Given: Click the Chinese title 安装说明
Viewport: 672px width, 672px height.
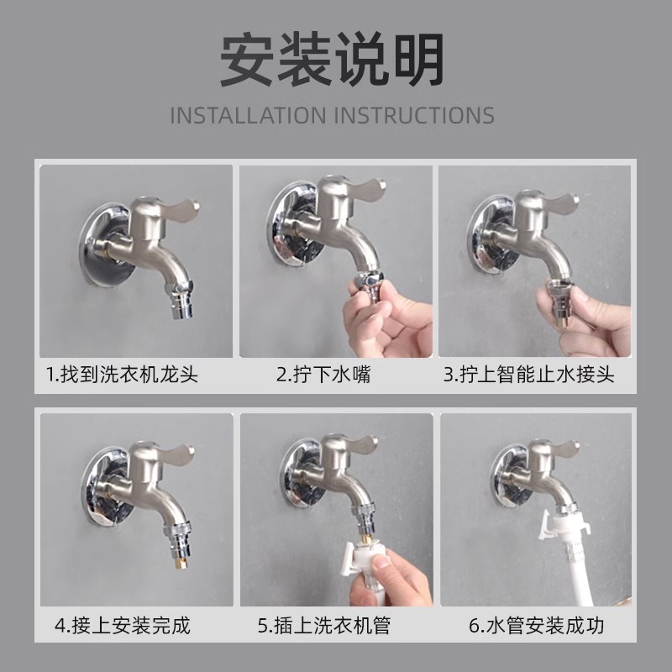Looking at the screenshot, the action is point(332,60).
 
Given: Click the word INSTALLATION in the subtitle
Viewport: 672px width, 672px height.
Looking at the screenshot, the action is point(248,115).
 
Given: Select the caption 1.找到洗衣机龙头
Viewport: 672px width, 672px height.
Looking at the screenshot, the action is point(123,374).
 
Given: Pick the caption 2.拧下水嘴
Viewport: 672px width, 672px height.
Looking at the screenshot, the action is point(323,374).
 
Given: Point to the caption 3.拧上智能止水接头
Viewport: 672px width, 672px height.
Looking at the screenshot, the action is point(529,374).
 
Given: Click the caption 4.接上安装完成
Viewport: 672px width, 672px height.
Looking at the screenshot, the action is point(123,625).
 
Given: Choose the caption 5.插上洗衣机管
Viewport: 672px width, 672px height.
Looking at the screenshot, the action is point(324,625).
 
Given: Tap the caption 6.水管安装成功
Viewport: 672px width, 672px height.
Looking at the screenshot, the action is point(537,625).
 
